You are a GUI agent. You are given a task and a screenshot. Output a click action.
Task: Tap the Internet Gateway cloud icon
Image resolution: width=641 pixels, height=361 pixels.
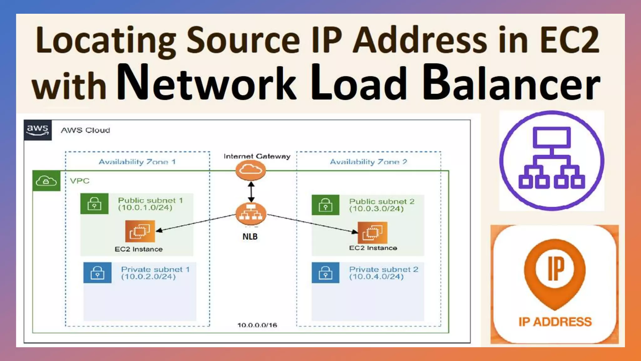[x=250, y=170]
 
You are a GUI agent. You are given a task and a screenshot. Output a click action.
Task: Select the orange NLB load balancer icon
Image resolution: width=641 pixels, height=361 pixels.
[x=251, y=213]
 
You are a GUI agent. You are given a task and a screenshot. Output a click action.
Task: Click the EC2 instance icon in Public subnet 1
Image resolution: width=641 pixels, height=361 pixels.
[x=140, y=231]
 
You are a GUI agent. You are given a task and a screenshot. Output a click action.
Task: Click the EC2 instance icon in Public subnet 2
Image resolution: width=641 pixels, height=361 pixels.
[x=372, y=233]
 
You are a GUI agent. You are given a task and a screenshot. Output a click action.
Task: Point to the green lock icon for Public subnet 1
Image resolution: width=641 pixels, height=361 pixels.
[x=94, y=204]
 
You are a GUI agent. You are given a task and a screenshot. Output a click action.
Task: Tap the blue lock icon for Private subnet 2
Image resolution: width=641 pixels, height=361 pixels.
[x=326, y=273]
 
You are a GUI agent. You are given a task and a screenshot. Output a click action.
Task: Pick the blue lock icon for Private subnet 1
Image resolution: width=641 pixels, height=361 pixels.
[x=97, y=273]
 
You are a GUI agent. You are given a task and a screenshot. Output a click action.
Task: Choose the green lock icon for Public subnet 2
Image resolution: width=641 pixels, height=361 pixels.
[x=326, y=205]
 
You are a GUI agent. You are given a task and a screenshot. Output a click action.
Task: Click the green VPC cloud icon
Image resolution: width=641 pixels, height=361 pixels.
[x=46, y=181]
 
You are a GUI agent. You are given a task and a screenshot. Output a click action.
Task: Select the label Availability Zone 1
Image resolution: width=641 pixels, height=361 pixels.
[x=137, y=162]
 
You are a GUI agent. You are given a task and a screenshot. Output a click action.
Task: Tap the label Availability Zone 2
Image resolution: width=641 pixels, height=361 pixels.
[x=368, y=162]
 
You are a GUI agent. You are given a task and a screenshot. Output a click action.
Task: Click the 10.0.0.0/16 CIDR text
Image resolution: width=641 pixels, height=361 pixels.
[x=257, y=325]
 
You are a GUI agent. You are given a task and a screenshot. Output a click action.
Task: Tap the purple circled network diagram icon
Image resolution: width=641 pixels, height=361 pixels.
[x=551, y=160]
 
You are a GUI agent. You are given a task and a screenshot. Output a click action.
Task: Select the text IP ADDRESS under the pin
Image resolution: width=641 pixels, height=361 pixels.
[x=555, y=322]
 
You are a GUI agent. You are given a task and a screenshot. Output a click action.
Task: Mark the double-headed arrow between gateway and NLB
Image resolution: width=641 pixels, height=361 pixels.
[x=251, y=192]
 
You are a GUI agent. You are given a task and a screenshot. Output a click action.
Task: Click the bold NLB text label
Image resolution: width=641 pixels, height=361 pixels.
[x=250, y=237]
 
